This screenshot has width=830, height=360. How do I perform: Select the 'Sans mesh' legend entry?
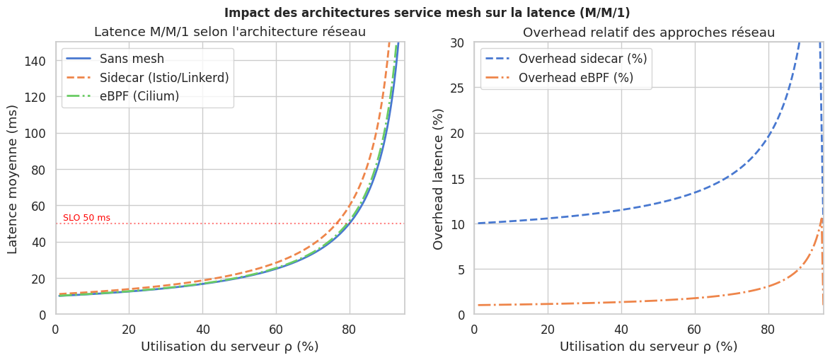click(132, 59)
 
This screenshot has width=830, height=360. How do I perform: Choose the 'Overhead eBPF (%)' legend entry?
click(575, 78)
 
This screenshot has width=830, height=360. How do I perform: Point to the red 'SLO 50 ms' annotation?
click(86, 218)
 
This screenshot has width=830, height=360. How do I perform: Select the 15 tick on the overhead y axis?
click(458, 178)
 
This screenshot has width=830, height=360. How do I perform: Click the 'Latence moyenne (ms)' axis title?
click(13, 179)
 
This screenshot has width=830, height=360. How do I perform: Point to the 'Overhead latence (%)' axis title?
click(439, 179)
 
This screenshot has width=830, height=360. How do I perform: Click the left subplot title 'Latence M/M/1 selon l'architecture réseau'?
click(230, 32)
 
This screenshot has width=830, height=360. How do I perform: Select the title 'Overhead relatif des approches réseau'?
click(649, 33)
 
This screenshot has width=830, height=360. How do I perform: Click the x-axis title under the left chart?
click(230, 347)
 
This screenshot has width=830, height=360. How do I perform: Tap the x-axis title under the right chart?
click(649, 347)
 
